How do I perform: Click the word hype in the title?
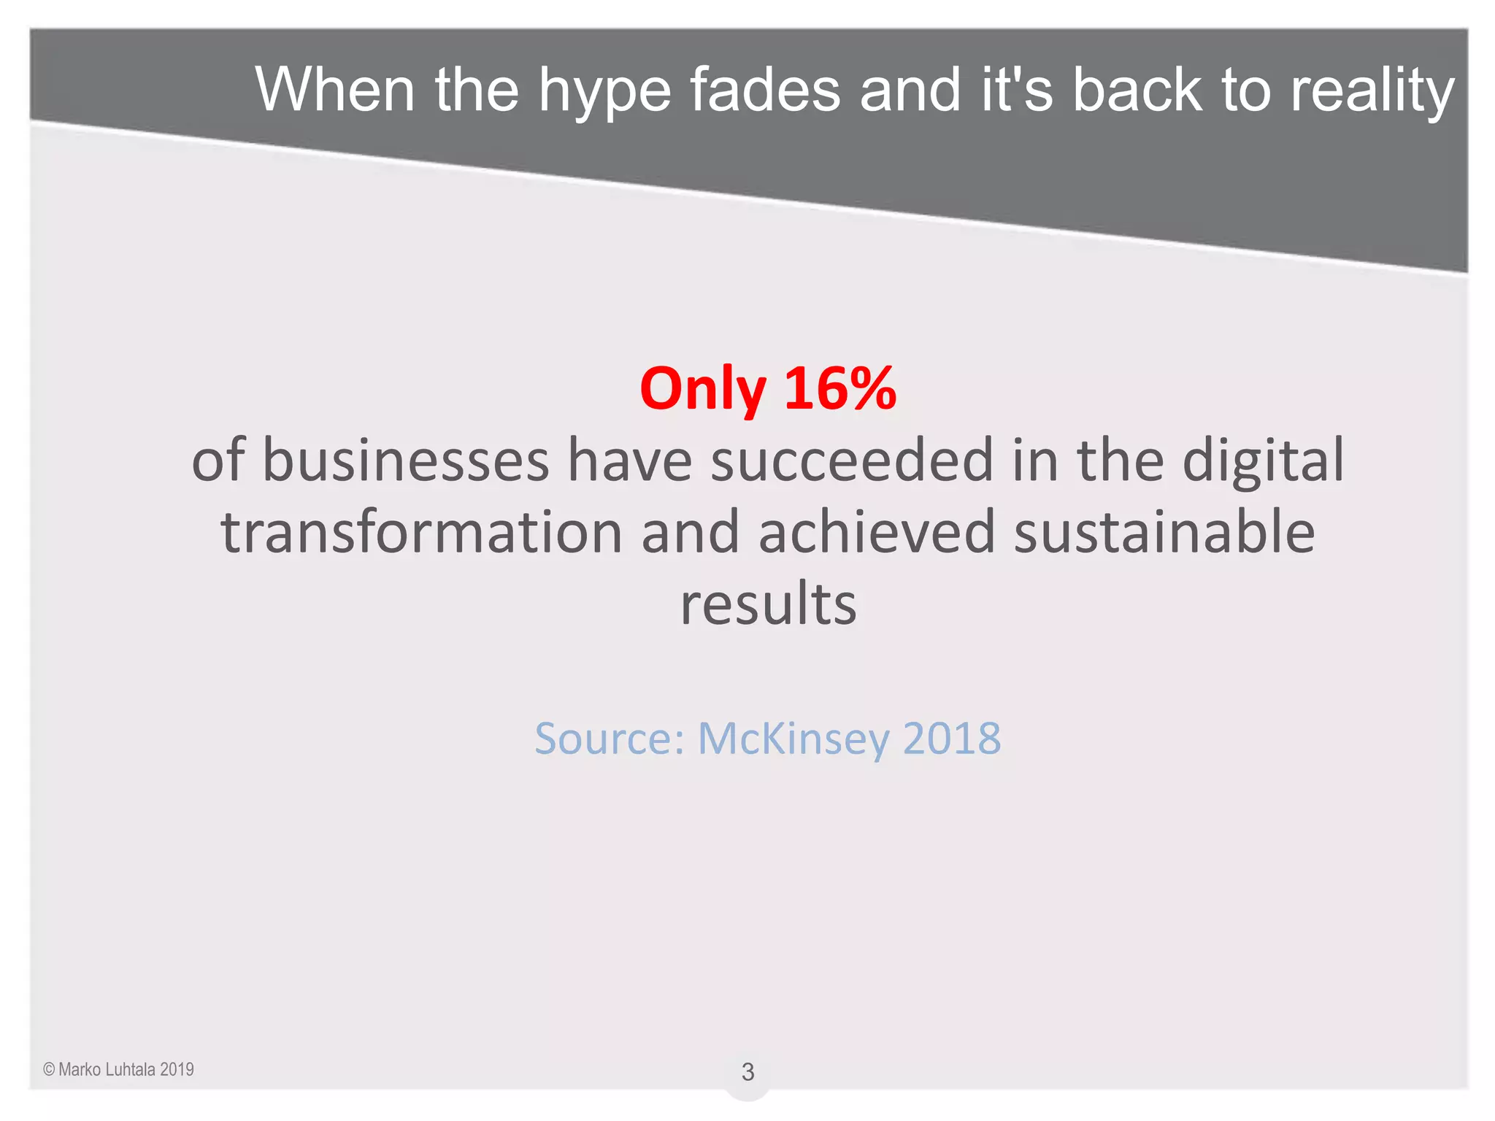tap(604, 91)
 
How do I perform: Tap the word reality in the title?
tap(1372, 91)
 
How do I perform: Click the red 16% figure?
tap(840, 388)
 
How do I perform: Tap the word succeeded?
tap(852, 460)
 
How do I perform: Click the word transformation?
tap(421, 532)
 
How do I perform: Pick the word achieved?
tap(877, 532)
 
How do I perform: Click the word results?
tap(769, 604)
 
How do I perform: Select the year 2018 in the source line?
tap(952, 738)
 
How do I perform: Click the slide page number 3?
tap(747, 1071)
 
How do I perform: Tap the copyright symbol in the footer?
tap(49, 1070)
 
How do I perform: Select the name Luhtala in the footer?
tap(131, 1070)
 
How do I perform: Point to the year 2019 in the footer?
tap(177, 1070)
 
